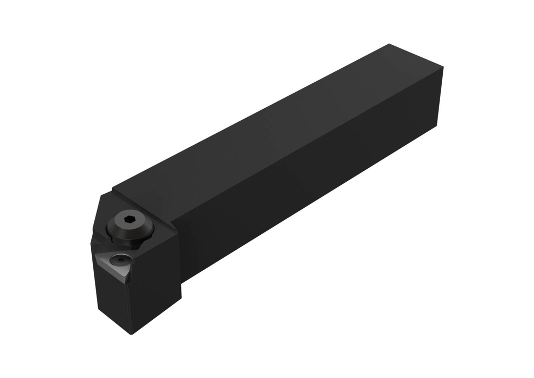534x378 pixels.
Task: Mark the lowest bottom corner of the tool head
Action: (x=130, y=334)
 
